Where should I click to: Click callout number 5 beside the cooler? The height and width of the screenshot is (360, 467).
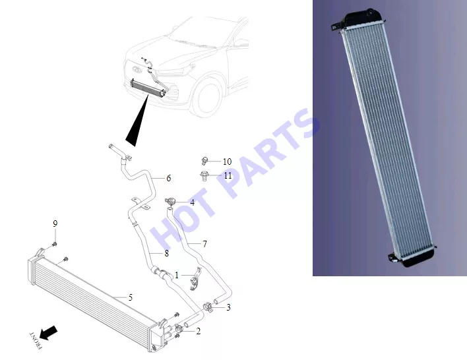131,297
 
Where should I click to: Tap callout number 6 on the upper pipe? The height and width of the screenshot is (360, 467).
169,178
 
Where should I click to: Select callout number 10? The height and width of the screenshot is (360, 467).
228,162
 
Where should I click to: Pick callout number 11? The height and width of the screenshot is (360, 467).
228,175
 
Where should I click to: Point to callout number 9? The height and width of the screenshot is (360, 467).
55,224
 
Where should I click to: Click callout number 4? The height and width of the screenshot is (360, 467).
193,202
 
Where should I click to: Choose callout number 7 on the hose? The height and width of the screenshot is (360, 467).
204,244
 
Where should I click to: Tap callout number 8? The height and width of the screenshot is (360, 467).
166,253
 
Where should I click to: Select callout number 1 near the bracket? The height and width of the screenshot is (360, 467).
177,275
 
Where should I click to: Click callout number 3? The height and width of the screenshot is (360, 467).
228,307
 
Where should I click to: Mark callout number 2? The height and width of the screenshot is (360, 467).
199,331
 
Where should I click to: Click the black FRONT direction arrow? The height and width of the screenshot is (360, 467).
48,332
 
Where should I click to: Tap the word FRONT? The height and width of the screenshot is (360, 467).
36,340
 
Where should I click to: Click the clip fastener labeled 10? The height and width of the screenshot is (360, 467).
204,161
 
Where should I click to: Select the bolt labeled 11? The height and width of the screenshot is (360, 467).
204,175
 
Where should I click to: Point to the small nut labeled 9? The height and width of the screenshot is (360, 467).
55,245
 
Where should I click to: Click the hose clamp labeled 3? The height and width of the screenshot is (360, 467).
208,307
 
